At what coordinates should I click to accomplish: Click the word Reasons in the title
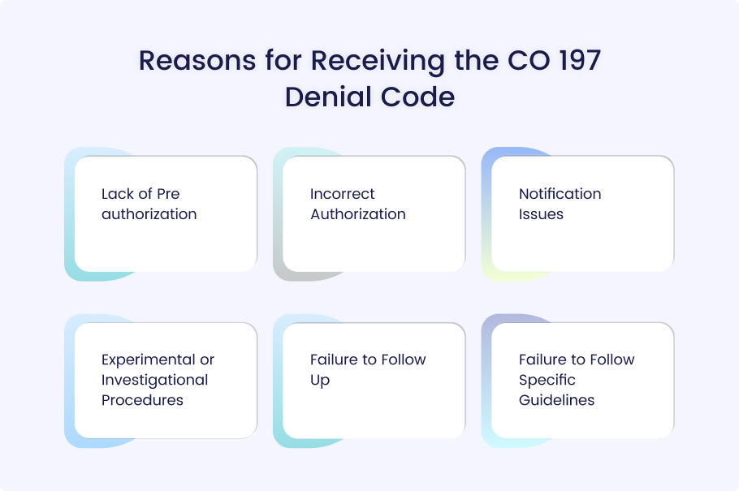(197, 60)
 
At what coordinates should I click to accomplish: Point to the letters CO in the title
(529, 60)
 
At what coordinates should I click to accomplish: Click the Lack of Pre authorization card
(166, 214)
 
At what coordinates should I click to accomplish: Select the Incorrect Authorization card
(374, 214)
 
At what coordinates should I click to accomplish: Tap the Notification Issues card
(582, 214)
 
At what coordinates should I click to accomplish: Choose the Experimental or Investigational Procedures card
(166, 381)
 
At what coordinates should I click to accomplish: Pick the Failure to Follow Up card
(374, 381)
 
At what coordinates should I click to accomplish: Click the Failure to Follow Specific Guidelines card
(582, 381)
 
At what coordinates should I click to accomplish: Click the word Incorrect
(342, 194)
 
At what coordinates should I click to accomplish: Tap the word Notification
(560, 194)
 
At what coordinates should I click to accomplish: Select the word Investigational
(154, 381)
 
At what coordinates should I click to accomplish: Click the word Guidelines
(556, 400)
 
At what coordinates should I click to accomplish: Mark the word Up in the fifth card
(320, 381)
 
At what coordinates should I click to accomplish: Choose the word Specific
(547, 381)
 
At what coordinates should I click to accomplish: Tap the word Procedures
(142, 400)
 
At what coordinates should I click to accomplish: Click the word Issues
(541, 214)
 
